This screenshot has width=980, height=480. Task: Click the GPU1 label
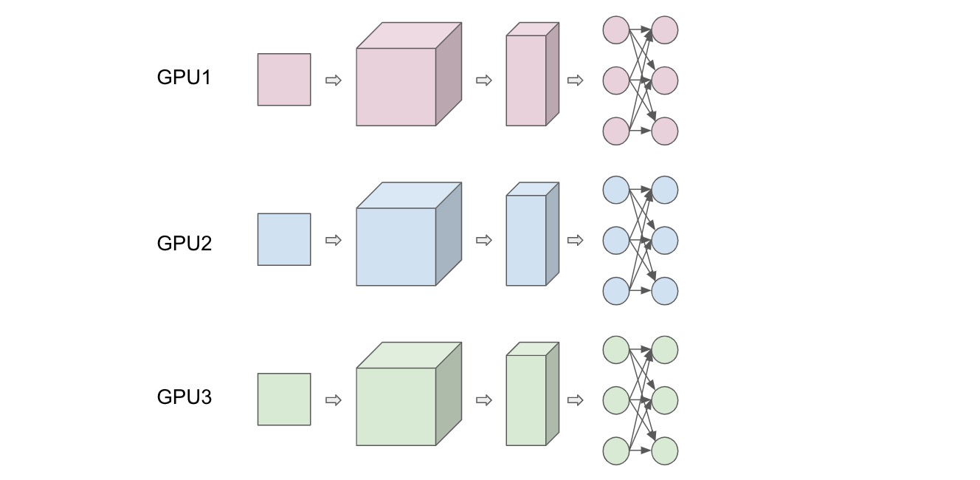pyautogui.click(x=184, y=78)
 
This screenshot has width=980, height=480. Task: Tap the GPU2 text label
pyautogui.click(x=184, y=243)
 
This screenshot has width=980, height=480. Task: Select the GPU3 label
pyautogui.click(x=184, y=397)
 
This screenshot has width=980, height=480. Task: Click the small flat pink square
pyautogui.click(x=284, y=80)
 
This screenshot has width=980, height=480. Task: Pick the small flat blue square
pyautogui.click(x=284, y=239)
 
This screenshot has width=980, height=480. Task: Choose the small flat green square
pyautogui.click(x=284, y=400)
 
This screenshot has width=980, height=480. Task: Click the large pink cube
pyautogui.click(x=409, y=75)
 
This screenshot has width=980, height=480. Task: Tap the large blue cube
pyautogui.click(x=409, y=234)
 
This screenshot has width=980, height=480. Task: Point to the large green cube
pyautogui.click(x=409, y=394)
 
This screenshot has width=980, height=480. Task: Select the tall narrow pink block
pyautogui.click(x=533, y=75)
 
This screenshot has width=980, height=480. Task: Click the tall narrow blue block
pyautogui.click(x=533, y=234)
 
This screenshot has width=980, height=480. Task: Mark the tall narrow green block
pyautogui.click(x=533, y=394)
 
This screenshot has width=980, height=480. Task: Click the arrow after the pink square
pyautogui.click(x=334, y=80)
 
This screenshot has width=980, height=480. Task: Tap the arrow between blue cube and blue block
pyautogui.click(x=484, y=240)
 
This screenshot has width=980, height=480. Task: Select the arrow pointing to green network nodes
pyautogui.click(x=576, y=400)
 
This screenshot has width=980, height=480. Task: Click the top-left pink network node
pyautogui.click(x=616, y=30)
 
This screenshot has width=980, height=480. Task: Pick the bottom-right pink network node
pyautogui.click(x=665, y=131)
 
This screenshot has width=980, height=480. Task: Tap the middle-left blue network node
pyautogui.click(x=616, y=241)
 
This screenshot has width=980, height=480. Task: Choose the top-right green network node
pyautogui.click(x=665, y=350)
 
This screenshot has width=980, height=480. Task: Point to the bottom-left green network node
pyautogui.click(x=616, y=450)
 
